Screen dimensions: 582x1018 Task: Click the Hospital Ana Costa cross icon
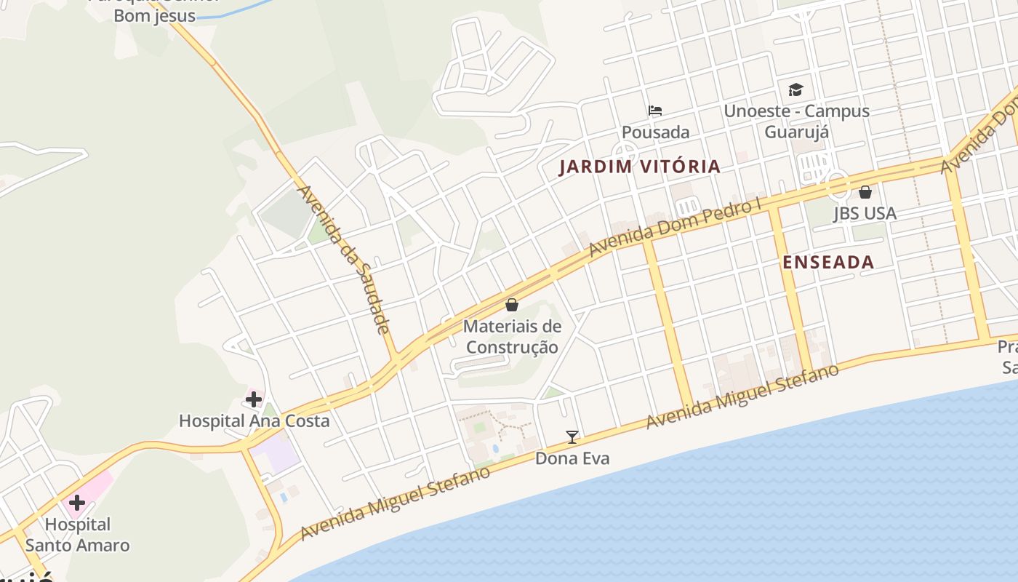click(x=253, y=399)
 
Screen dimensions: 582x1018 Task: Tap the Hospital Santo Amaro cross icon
click(x=76, y=502)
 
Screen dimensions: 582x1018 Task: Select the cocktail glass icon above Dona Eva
click(x=572, y=436)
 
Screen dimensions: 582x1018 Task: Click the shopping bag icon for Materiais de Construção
click(x=512, y=304)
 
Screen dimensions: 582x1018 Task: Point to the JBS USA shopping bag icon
click(x=865, y=192)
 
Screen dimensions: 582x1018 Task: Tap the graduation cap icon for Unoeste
click(x=796, y=89)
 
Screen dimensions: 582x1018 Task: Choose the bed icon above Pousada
click(x=655, y=111)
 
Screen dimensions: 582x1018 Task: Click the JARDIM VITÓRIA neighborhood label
click(x=639, y=167)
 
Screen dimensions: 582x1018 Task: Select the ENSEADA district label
click(x=828, y=263)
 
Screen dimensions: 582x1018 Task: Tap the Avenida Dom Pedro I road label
click(x=676, y=227)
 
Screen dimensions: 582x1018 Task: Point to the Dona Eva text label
click(x=572, y=458)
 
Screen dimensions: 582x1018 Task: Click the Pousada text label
click(x=655, y=132)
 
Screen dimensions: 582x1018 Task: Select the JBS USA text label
click(x=865, y=214)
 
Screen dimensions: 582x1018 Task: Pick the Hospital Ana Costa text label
click(x=254, y=420)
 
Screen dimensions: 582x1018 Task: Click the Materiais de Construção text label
click(x=512, y=336)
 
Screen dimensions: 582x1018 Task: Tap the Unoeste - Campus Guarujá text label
click(x=796, y=121)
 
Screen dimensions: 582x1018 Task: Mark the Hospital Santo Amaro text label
click(x=77, y=535)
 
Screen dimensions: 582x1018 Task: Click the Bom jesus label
click(x=155, y=15)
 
